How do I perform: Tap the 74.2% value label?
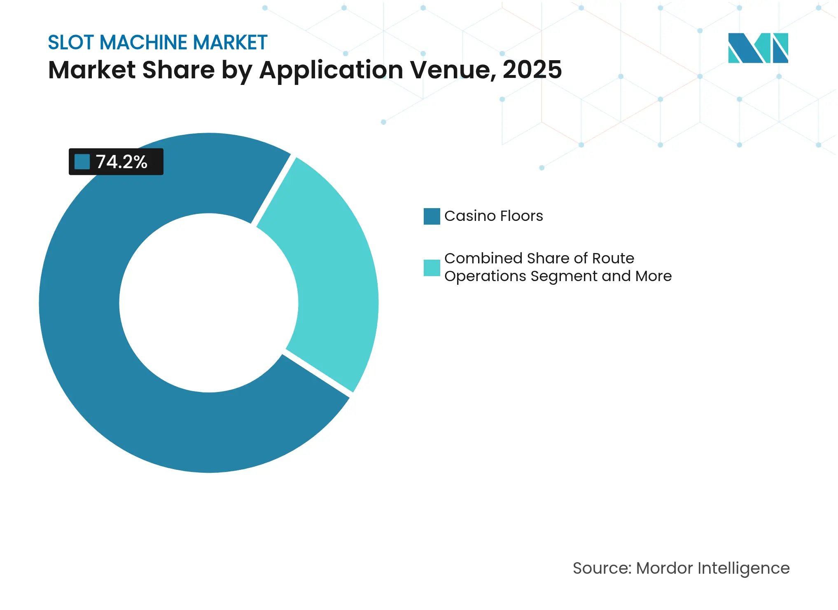pos(121,162)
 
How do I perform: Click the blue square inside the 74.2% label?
pos(82,162)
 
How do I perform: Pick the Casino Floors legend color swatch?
pos(432,216)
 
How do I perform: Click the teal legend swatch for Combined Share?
pos(432,268)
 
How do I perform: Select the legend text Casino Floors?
pos(493,216)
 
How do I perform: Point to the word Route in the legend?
pos(613,258)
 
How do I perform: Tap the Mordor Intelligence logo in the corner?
pos(758,48)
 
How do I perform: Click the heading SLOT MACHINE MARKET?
pos(158,42)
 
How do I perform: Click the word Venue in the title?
pos(453,70)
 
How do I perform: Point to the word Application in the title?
pos(331,70)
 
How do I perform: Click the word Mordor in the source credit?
pos(664,568)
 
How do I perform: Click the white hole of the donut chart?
pos(209,303)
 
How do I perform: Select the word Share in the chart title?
pos(178,70)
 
